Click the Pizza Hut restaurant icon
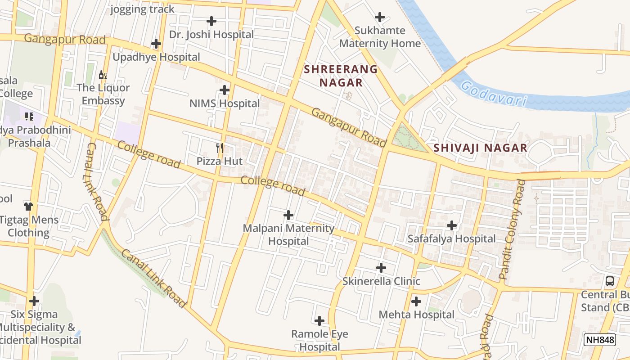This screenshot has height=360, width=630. pos(220,147)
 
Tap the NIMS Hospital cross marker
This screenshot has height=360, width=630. pos(225,90)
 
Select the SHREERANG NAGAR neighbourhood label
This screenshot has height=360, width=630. pos(341,76)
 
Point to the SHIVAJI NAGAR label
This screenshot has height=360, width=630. pos(480,148)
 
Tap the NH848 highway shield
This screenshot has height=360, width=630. pos(599,340)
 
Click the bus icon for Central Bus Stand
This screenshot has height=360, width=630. pos(610,281)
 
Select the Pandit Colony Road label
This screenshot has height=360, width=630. pos(513,229)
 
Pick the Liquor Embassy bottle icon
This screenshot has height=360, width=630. pos(103,75)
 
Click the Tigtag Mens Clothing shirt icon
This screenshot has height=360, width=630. pos(28,206)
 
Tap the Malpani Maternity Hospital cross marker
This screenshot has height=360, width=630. pos(288,215)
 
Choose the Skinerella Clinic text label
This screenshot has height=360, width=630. pos(381,281)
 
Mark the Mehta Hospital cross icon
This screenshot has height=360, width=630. pos(416,301)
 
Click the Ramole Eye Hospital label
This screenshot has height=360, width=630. pos(319,341)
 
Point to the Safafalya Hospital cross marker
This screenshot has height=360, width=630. pos(452,225)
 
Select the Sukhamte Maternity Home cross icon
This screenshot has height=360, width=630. pos(380,17)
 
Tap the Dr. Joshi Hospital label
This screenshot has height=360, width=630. pos(211,34)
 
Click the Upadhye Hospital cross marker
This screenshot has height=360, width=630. pos(156,44)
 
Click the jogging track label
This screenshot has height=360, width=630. pos(142,9)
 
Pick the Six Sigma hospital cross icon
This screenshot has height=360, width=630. pos(34,301)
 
